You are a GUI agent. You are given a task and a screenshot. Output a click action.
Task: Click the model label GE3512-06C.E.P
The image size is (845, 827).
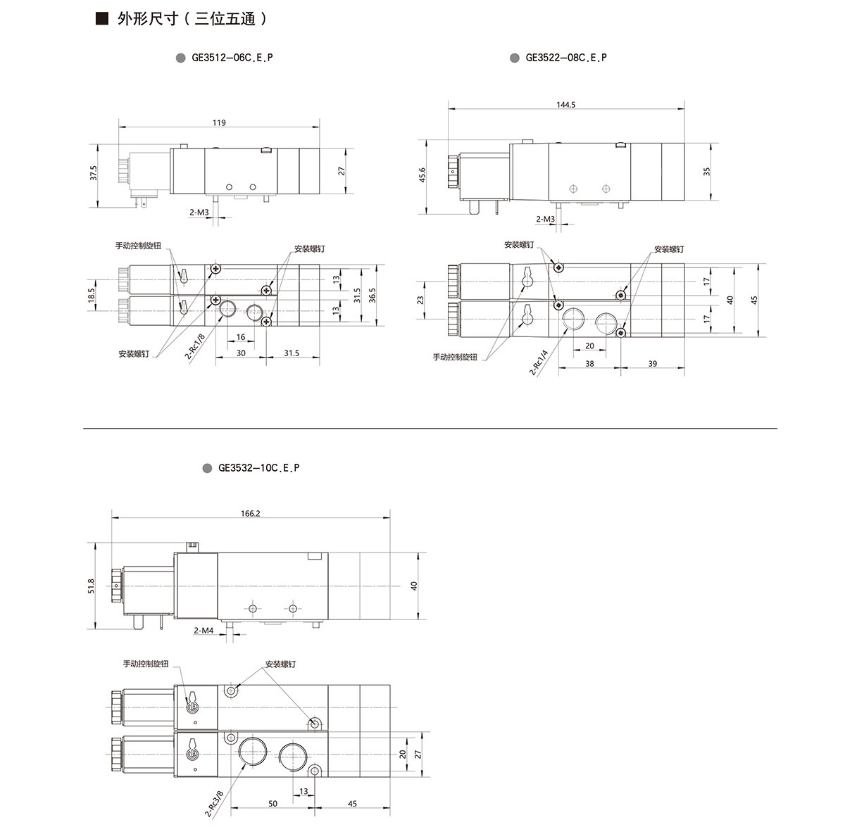[x=232, y=58]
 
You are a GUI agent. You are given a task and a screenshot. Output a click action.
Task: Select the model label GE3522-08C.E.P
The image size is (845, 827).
[x=566, y=58]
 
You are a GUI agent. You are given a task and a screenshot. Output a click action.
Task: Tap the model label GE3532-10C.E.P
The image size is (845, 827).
[x=258, y=468]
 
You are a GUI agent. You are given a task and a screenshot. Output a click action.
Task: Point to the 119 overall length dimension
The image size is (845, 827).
[x=219, y=122]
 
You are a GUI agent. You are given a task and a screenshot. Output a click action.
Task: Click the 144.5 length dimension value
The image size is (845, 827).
[x=565, y=105]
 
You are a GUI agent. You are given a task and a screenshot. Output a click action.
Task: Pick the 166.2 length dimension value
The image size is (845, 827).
[x=251, y=514]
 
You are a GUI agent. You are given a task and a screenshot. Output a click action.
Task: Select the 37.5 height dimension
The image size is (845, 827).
[x=93, y=172]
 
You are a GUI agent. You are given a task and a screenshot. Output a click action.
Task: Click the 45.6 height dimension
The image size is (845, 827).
[x=422, y=175]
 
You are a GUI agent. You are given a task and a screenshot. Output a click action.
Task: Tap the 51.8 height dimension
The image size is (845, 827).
[x=92, y=586]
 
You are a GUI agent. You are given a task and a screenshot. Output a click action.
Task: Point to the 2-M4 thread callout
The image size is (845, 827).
[x=204, y=631]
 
